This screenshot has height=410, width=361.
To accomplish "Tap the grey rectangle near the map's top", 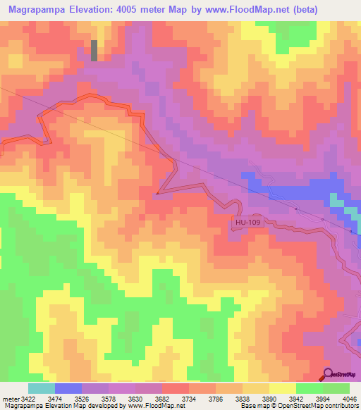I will coord(94,50).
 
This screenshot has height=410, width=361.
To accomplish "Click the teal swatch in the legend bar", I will coord(42,388).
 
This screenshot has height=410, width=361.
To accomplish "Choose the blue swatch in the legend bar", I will coord(68,388).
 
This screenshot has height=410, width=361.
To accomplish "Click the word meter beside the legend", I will coord(11,399).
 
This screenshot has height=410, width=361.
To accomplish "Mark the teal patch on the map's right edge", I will coord(338,204).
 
